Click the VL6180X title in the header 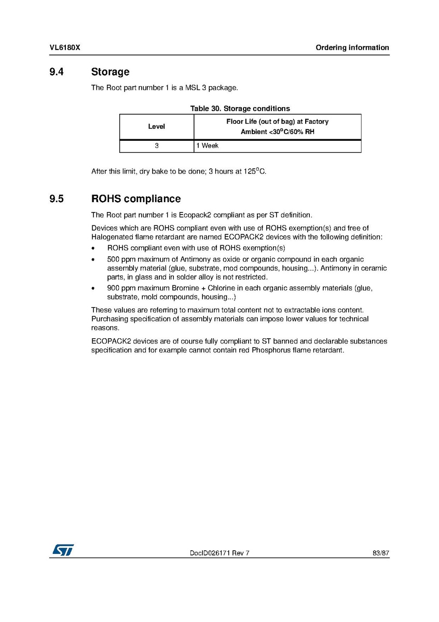tap(64, 48)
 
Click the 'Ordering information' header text tap(352, 48)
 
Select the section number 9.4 tap(57, 72)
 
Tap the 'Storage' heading tap(110, 72)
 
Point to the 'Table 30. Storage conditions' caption tap(240, 109)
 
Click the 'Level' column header tap(157, 126)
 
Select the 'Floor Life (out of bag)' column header tap(277, 126)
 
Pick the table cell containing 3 tap(157, 146)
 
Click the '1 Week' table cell tap(208, 146)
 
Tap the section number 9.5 tap(57, 199)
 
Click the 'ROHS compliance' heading tap(136, 199)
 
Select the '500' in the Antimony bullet tap(113, 259)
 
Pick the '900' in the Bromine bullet tap(113, 288)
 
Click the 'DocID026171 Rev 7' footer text tap(220, 553)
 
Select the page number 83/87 tap(381, 553)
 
